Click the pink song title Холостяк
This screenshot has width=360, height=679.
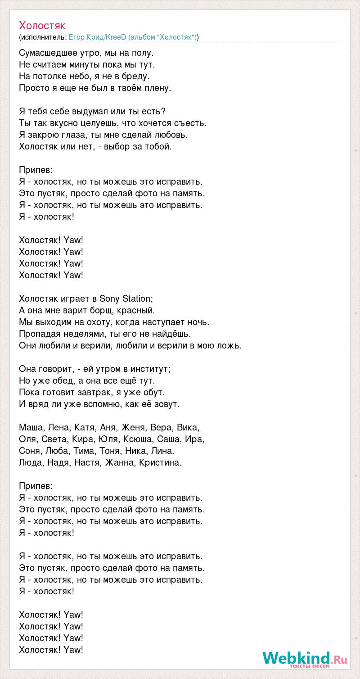click(42, 26)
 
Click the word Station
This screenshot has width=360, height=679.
click(137, 299)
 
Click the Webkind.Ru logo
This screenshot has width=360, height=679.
click(305, 659)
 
